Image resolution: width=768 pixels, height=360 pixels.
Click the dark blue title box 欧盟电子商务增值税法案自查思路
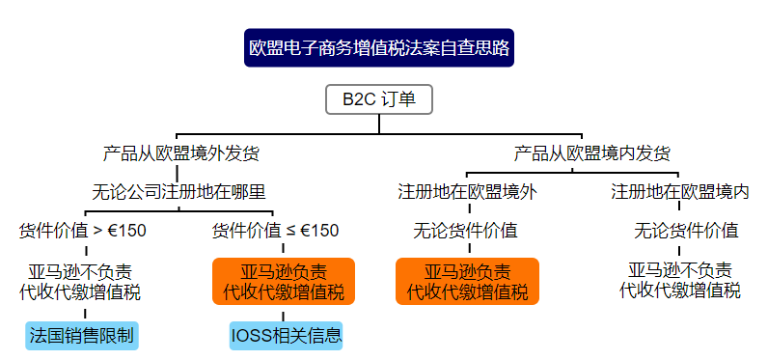(x=379, y=46)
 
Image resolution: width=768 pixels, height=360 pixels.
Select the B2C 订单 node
(x=379, y=98)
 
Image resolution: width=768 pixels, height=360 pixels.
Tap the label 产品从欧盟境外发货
(x=180, y=152)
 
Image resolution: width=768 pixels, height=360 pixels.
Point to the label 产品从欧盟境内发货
(x=592, y=152)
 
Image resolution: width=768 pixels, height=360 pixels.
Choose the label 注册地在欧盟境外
(x=468, y=191)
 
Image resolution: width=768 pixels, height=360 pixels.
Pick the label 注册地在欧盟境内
(x=680, y=191)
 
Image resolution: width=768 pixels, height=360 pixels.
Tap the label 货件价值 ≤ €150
(x=275, y=231)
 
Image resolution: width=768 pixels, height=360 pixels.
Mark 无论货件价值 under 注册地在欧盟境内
(x=686, y=231)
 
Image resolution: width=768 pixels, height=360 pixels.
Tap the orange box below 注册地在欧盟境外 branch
(x=467, y=280)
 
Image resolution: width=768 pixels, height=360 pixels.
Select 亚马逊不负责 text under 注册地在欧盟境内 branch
(x=679, y=269)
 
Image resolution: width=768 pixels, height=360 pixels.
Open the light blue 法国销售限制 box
(x=82, y=335)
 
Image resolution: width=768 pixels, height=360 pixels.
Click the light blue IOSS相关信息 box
(x=287, y=335)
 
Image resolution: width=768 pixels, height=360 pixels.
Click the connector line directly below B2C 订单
(x=379, y=123)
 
